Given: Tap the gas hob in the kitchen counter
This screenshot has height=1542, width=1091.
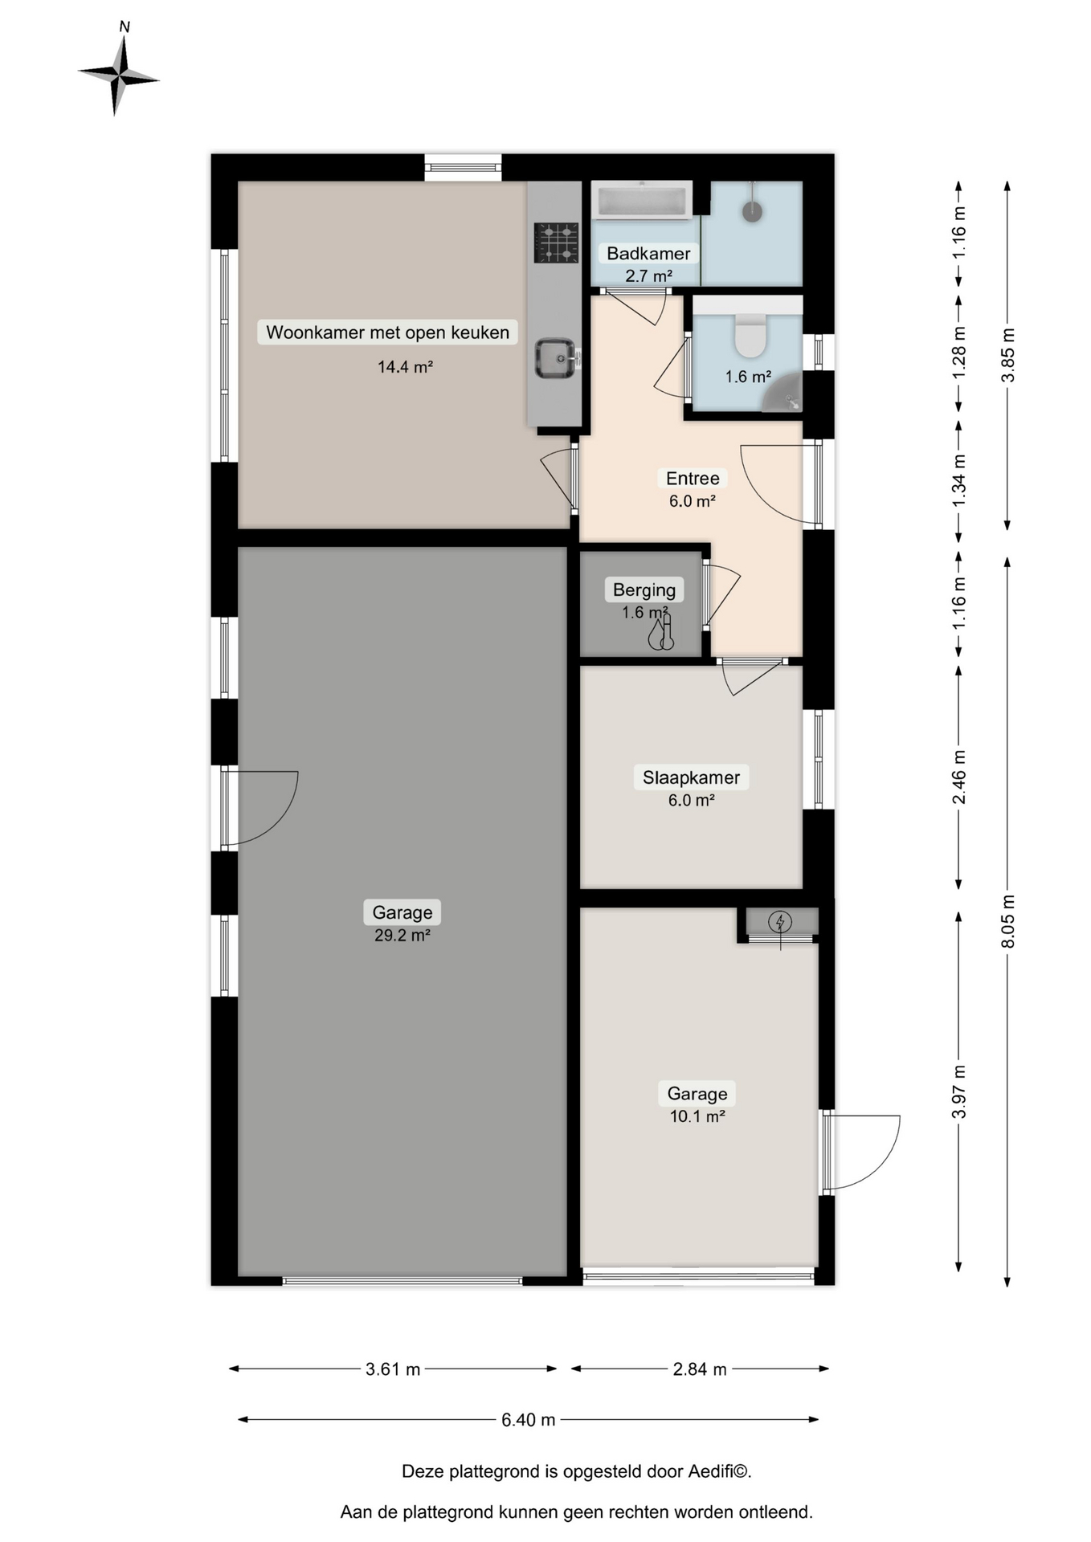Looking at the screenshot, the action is (556, 243).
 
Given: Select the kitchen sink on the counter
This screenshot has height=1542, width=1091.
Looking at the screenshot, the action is (555, 358).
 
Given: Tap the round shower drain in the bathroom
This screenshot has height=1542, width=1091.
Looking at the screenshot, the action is (752, 211).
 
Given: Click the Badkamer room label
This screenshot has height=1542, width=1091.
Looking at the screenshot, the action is (648, 254).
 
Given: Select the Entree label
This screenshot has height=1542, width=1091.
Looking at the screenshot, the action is (693, 479).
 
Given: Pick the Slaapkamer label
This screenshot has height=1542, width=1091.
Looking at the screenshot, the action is (691, 777).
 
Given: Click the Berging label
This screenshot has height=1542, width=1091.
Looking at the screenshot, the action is (644, 590).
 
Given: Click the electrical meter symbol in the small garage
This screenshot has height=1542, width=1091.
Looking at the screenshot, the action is (779, 923).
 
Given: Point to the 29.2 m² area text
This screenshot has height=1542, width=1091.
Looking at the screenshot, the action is (402, 936).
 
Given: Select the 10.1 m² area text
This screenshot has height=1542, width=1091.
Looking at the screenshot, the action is (697, 1116).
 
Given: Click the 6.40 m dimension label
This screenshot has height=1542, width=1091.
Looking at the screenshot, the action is (529, 1420).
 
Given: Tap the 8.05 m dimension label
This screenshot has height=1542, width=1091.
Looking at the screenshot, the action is (1007, 921).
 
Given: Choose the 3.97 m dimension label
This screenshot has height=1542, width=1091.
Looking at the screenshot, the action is (958, 1091).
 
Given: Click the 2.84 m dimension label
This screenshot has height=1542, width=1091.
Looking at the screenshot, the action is (700, 1369).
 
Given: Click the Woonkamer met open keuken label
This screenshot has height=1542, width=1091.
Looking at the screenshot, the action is (387, 332).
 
